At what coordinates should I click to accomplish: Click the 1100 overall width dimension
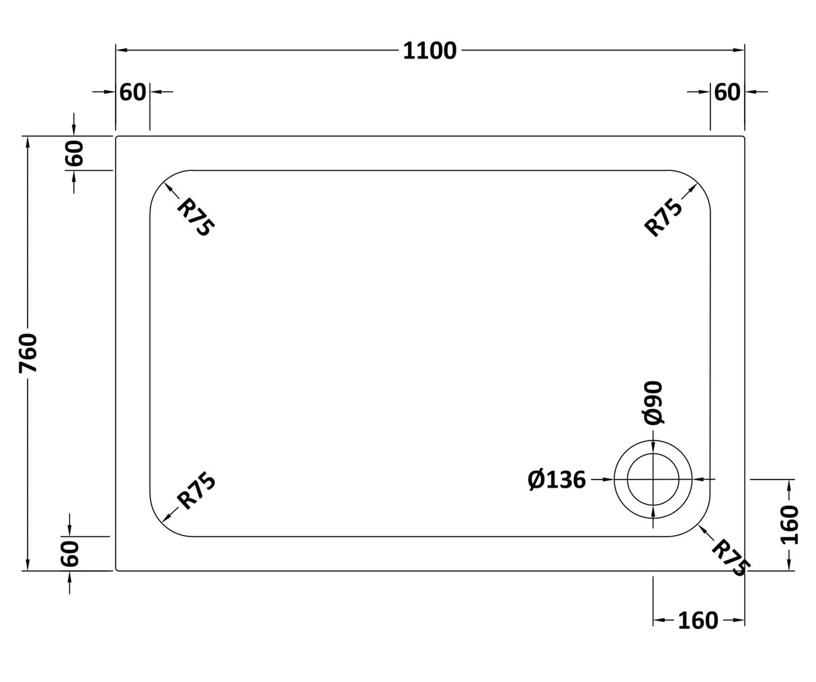pos(430,51)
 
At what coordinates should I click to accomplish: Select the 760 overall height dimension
pos(28,353)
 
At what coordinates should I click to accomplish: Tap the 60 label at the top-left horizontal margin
pos(132,92)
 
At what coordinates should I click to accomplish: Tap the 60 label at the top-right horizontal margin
pos(727,92)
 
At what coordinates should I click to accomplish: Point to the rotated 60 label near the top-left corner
pos(73,153)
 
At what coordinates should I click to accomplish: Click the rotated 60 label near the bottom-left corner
pos(70,554)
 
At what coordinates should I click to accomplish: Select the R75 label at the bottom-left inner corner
pos(196,491)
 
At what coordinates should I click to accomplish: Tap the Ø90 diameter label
pos(653,403)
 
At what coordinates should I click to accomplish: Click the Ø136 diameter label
pos(557,480)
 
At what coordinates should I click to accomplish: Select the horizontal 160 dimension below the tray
pos(698,621)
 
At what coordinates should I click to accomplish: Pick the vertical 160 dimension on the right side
pos(790,525)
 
